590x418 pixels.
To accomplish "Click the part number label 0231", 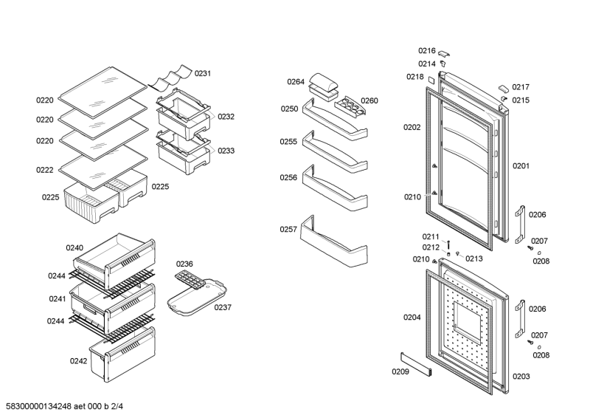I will pos(203,73).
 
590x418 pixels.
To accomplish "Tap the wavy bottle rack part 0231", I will pos(171,77).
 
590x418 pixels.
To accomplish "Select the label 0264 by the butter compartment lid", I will pos(296,82).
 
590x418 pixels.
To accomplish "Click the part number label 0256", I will pos(288,178).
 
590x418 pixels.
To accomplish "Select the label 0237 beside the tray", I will pos(223,307).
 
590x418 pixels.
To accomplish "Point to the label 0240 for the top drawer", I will pos(74,248).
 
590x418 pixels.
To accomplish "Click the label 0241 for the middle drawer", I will pos(58,299).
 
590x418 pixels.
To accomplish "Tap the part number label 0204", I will pos(412,318).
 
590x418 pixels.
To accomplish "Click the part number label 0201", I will pos(521,166).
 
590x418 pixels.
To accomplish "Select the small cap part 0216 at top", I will pos(446,54).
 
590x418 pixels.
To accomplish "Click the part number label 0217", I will pos(521,86).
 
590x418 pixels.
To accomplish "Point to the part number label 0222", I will pos(45,170).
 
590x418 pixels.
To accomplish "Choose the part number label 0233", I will pos(226,151).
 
